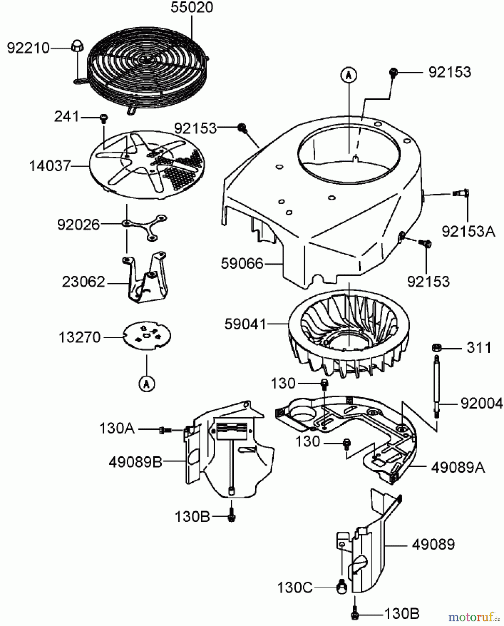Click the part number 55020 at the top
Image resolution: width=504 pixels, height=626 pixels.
coord(192,8)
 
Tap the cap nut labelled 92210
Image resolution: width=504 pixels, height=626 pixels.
coord(77,46)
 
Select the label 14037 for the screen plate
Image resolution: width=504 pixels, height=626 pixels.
coord(50,166)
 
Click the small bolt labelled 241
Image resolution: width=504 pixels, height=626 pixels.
coord(103,118)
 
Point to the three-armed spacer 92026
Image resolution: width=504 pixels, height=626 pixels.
coord(145,227)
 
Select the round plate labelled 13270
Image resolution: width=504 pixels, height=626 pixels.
coord(147,335)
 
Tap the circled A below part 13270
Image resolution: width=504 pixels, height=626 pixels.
coord(146,384)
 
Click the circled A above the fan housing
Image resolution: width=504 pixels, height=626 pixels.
coord(349,75)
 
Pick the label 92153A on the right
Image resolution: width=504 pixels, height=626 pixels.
coord(468,231)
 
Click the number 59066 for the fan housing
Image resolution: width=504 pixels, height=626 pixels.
coord(242,264)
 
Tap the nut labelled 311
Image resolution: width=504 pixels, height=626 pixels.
coord(436,347)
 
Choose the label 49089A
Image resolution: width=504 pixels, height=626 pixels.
coord(458,468)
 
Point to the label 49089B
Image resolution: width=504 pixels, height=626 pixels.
coord(135,462)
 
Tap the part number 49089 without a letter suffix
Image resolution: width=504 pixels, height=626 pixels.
coord(433,544)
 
